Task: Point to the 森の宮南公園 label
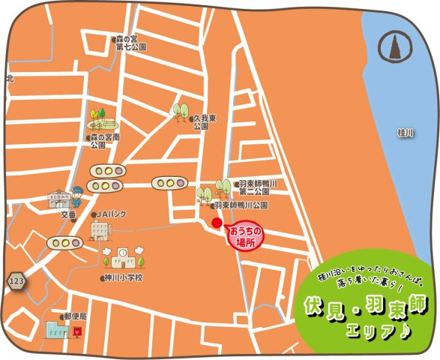click(x=105, y=141)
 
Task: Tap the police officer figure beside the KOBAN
click(x=76, y=197)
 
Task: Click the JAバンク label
click(x=113, y=215)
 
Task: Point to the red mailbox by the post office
click(x=76, y=331)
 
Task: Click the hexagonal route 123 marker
click(x=16, y=280)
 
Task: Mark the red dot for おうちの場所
click(x=217, y=223)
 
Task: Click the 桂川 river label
click(x=405, y=133)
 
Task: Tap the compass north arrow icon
click(x=391, y=47)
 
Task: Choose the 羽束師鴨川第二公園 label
click(x=258, y=187)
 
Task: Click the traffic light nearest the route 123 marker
click(x=64, y=243)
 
